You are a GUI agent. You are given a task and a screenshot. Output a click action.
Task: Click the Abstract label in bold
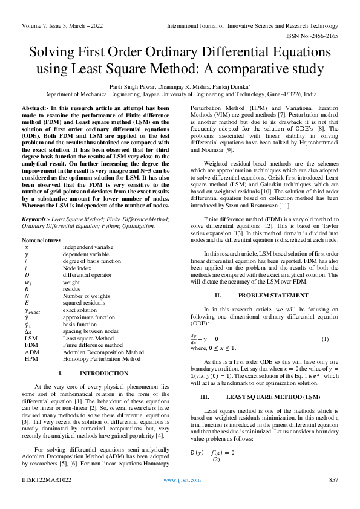point(36,106)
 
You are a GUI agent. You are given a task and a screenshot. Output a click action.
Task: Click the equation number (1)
point(324,338)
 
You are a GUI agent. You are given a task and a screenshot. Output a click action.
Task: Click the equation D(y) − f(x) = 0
point(212,452)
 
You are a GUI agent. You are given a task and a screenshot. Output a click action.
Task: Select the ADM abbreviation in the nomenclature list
point(31,352)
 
